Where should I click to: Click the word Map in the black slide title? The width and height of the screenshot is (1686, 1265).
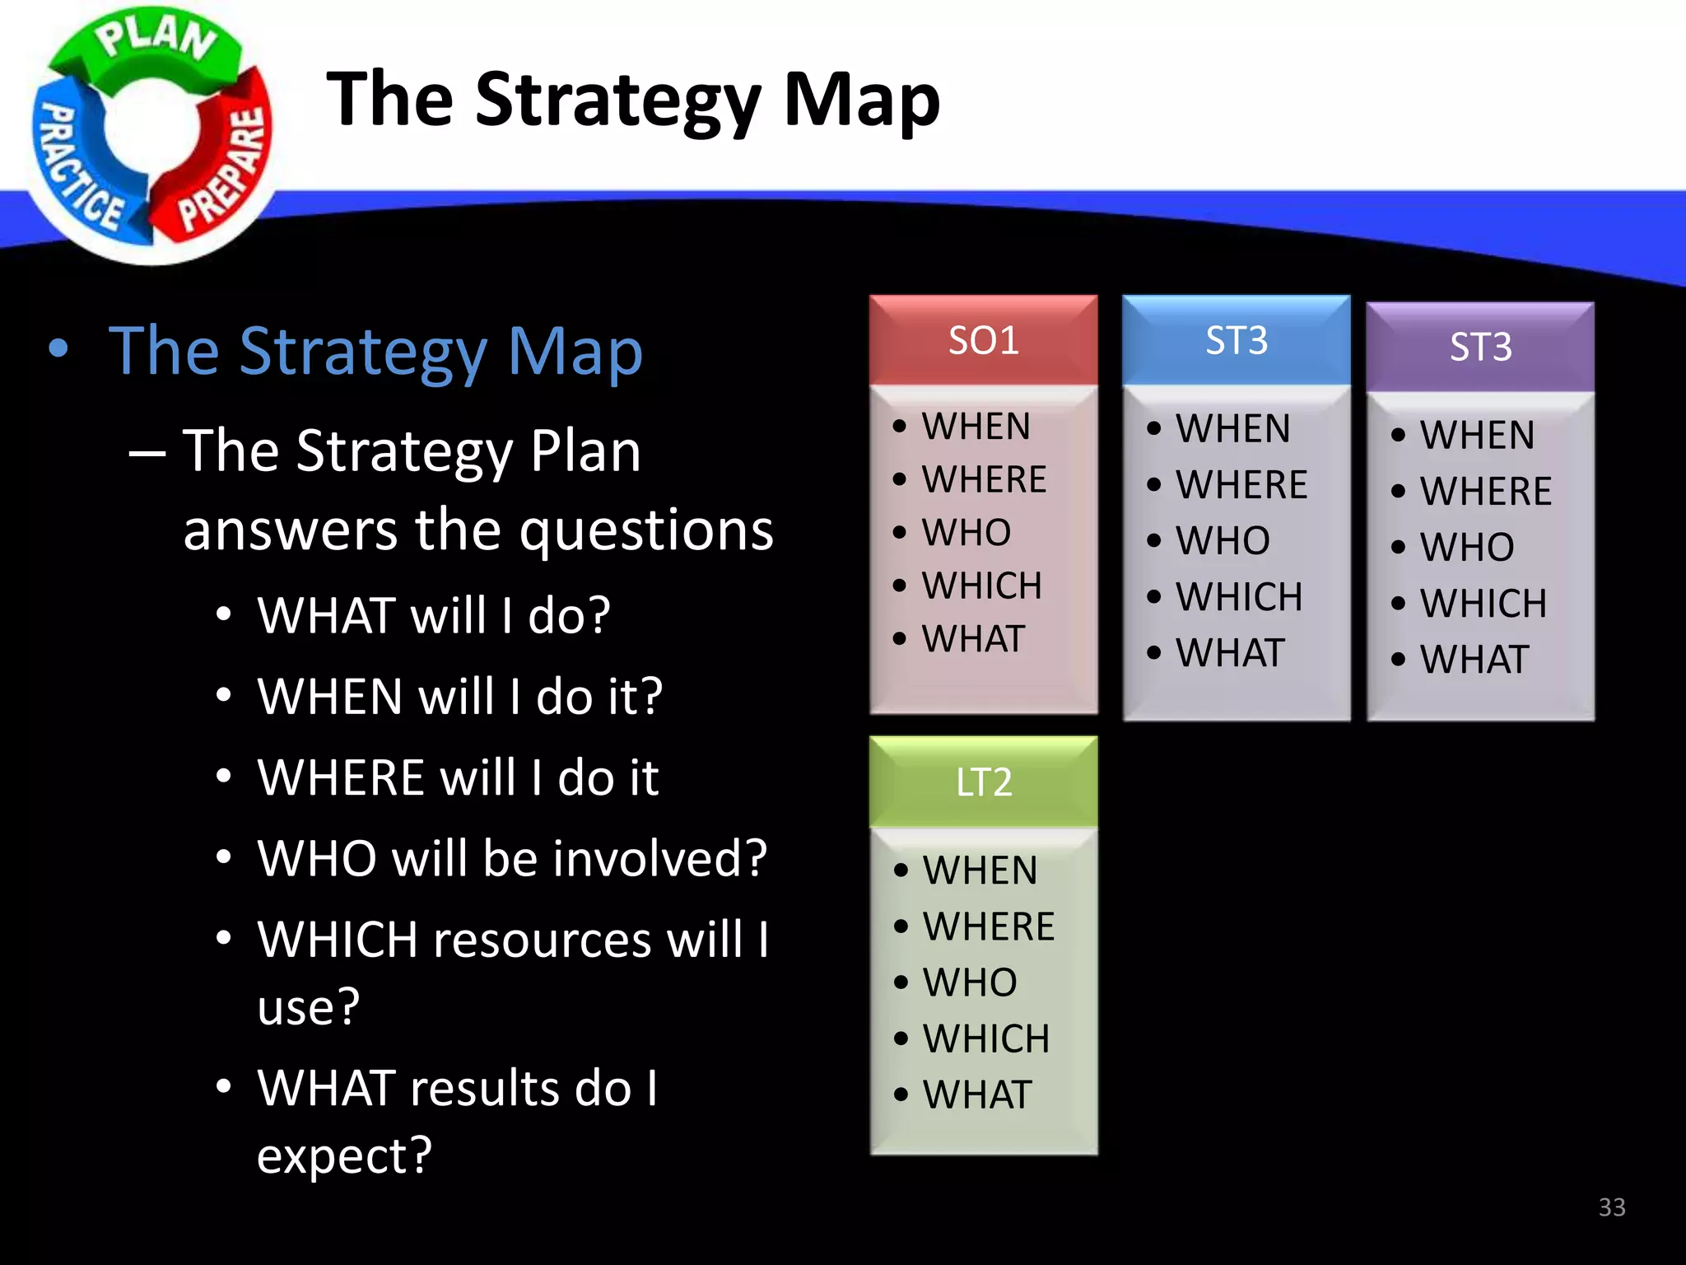[860, 100]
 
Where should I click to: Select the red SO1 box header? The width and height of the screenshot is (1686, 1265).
[983, 340]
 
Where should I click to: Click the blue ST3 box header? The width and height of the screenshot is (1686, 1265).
[1236, 340]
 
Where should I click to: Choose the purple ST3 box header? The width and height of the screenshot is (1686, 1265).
[1480, 347]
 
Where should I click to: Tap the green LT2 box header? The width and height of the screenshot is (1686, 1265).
[983, 782]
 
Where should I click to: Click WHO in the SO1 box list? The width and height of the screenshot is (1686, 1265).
[966, 533]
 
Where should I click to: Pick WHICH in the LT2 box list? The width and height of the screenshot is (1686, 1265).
[985, 1039]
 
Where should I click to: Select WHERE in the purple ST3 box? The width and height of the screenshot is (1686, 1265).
[1485, 492]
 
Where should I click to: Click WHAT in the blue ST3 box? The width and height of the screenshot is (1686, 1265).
[1229, 653]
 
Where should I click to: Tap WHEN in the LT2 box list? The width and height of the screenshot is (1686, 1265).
[980, 871]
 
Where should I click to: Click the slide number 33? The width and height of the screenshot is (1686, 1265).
[1611, 1207]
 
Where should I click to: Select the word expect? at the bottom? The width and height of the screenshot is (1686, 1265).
[344, 1155]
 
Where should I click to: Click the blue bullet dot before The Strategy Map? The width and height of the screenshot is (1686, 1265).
[58, 349]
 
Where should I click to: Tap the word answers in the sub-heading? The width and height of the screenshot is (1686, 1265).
[290, 530]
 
